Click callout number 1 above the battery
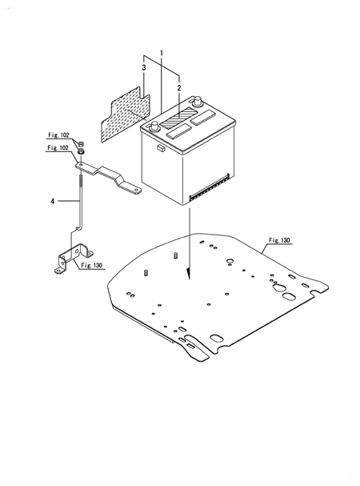point(162,53)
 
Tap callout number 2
point(179,88)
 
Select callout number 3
point(144,68)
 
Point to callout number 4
point(53,202)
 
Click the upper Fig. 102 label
point(58,135)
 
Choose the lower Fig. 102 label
point(58,148)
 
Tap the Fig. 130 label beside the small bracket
point(91,265)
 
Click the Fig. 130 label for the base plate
point(279,240)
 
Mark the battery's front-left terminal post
point(154,127)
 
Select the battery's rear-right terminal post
point(198,101)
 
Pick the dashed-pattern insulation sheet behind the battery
point(126,114)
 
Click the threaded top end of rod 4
point(81,181)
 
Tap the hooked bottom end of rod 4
point(78,228)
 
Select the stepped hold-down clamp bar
point(109,179)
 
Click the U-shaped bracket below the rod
point(74,258)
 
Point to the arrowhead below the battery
point(188,273)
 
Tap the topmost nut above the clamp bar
point(81,144)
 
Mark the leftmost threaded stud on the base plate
point(146,273)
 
